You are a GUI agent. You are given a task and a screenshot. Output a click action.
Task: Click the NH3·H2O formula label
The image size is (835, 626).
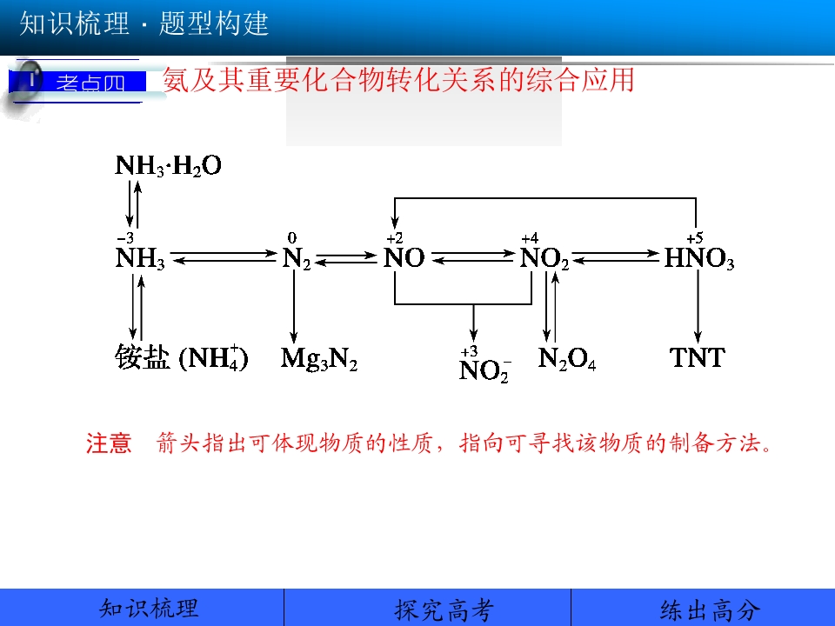coord(168,165)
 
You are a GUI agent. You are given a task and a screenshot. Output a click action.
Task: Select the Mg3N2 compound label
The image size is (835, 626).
coord(319,358)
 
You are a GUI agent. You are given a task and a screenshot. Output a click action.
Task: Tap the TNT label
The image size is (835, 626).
coord(697,357)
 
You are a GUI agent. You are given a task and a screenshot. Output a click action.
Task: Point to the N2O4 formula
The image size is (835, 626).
coord(567,358)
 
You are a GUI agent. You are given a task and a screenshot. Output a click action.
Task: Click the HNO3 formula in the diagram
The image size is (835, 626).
coord(699,258)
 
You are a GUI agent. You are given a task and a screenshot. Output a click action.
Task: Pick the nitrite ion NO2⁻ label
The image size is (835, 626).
coord(484,370)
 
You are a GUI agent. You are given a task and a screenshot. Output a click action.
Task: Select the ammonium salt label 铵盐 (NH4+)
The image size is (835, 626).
coord(182,357)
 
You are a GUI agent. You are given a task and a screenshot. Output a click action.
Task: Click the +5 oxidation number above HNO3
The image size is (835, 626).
coord(695,237)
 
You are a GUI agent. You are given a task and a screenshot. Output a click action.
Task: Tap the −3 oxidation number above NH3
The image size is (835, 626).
coord(125,237)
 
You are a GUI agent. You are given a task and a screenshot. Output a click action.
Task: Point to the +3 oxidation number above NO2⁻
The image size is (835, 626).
coord(469,351)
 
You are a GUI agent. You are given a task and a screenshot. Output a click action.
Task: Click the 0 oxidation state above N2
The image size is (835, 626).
coord(292,237)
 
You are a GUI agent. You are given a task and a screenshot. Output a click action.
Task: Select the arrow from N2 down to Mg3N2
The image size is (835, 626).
coord(293,306)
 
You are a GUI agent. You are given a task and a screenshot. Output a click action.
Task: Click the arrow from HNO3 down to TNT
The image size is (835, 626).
coord(698,306)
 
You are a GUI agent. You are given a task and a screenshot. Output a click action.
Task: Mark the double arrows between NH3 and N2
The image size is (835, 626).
coord(224,257)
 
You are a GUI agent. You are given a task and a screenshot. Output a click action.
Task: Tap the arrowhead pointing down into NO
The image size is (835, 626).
coord(395,223)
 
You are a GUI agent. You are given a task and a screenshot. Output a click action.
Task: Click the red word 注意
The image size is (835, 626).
coord(109,443)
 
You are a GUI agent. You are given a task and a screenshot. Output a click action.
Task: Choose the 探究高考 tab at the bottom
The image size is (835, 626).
coord(444,609)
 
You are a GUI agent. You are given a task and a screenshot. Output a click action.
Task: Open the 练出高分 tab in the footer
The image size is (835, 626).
coord(711,609)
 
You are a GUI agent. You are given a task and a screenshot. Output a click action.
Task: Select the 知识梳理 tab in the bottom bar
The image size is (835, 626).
coord(149,609)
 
